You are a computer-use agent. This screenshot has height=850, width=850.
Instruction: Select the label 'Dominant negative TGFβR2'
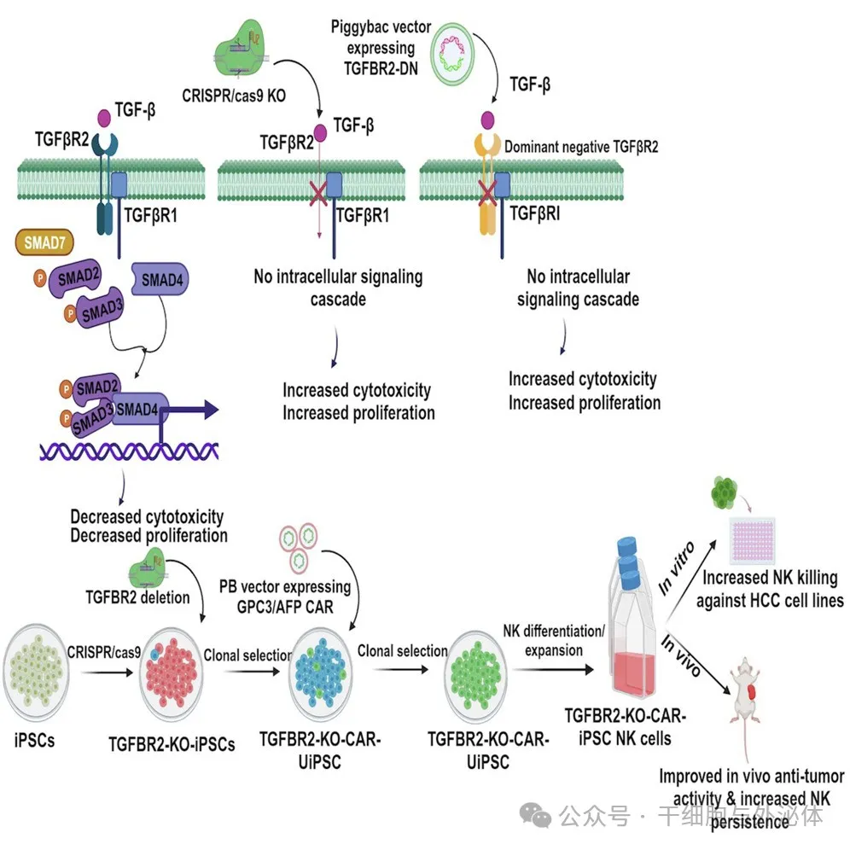pos(581,146)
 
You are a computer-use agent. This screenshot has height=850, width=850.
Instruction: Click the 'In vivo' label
pos(684,655)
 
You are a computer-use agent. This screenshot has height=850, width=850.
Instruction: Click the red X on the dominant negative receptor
pos(487,191)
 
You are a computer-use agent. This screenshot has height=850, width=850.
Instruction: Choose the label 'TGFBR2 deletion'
pos(137,597)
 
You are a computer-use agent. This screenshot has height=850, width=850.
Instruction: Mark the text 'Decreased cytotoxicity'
pos(148,517)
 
